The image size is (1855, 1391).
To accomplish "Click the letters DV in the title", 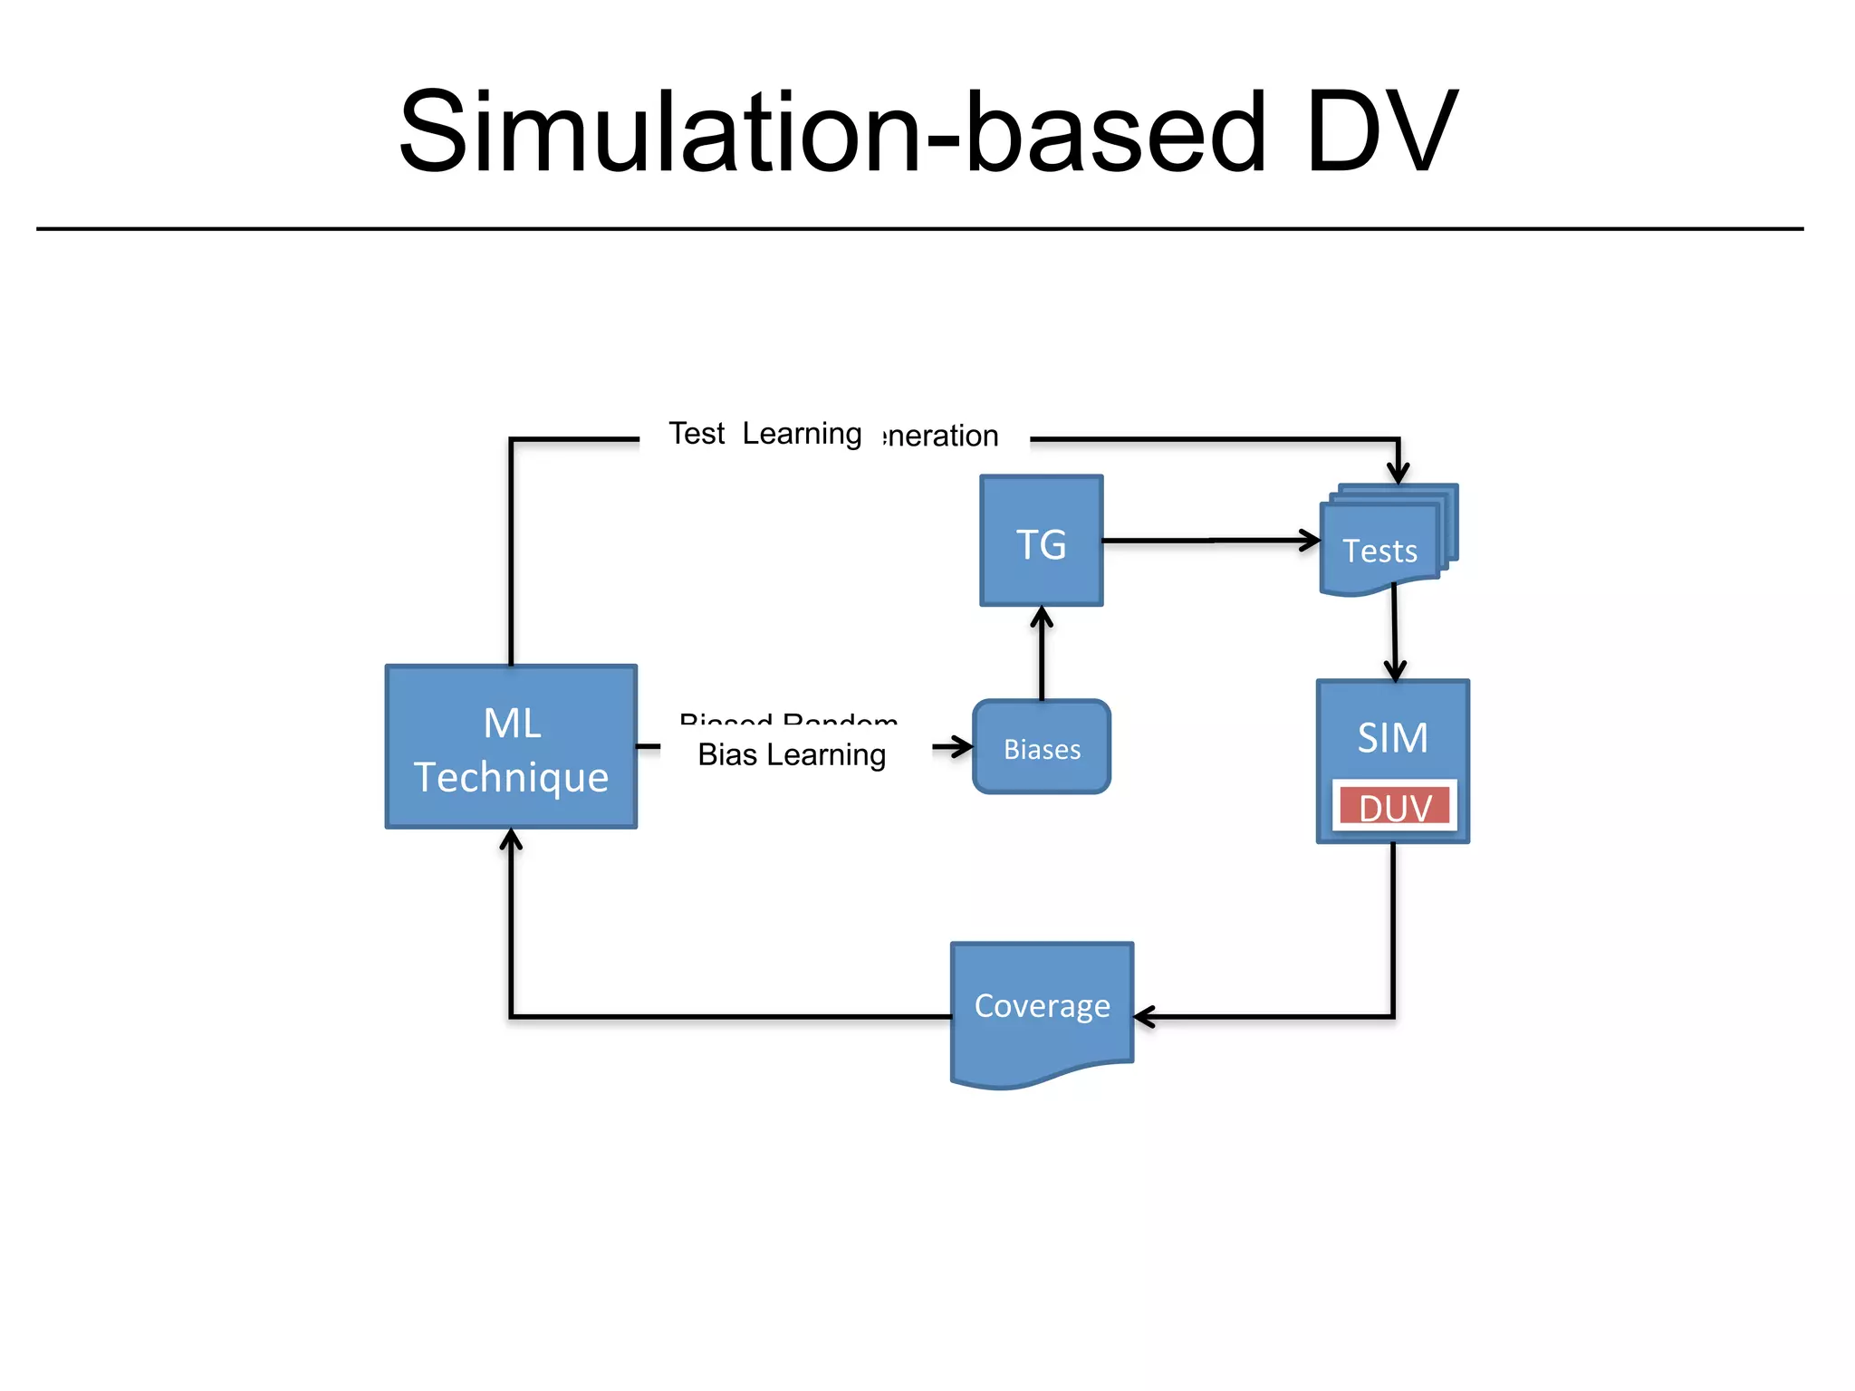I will [x=1381, y=133].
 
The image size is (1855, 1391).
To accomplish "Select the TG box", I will [x=1041, y=542].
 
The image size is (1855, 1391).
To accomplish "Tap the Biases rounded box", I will [x=1041, y=748].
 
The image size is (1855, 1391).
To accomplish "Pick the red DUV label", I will [x=1394, y=807].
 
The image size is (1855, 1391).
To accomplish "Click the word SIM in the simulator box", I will [x=1392, y=737].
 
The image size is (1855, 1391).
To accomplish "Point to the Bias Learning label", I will [x=792, y=754].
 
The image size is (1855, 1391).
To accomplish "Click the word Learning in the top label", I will [x=802, y=434].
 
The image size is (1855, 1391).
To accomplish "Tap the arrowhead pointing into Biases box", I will [x=962, y=747].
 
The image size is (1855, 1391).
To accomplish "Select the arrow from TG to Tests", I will [x=1209, y=541].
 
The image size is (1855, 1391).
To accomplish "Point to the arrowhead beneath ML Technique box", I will [x=512, y=840].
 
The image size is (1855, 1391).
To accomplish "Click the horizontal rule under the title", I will [x=919, y=229].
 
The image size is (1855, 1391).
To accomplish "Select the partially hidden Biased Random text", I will [x=788, y=720].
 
